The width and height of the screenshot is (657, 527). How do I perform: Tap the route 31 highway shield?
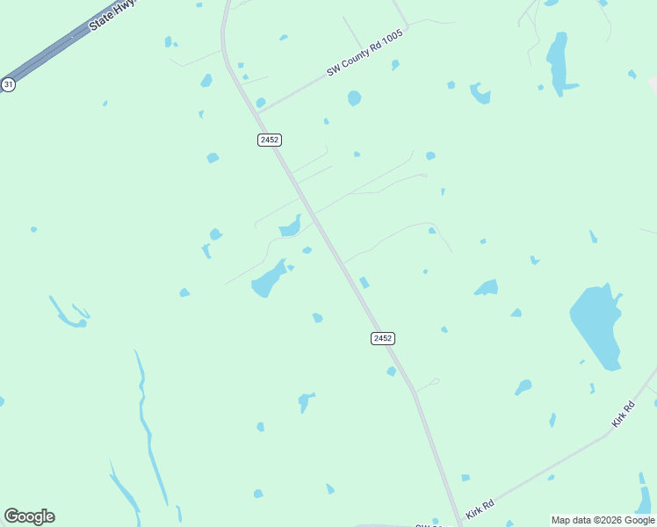click(8, 84)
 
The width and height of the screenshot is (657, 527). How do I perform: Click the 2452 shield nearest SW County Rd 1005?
click(270, 140)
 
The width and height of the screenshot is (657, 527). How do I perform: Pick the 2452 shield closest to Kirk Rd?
click(382, 338)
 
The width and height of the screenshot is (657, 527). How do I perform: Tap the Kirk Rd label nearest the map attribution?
click(480, 509)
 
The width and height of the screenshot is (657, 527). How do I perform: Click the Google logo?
click(29, 516)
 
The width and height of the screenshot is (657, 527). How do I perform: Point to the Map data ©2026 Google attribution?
click(603, 520)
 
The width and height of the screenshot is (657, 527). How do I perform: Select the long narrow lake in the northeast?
click(558, 64)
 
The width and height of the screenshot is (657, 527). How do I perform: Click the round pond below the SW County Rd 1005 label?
click(354, 97)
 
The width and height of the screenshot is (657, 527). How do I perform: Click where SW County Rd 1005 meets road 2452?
click(259, 112)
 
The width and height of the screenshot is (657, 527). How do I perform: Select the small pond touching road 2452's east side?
click(364, 282)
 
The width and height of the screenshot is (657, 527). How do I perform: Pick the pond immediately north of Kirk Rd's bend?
click(523, 386)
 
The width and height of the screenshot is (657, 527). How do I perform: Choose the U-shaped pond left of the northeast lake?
click(480, 92)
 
